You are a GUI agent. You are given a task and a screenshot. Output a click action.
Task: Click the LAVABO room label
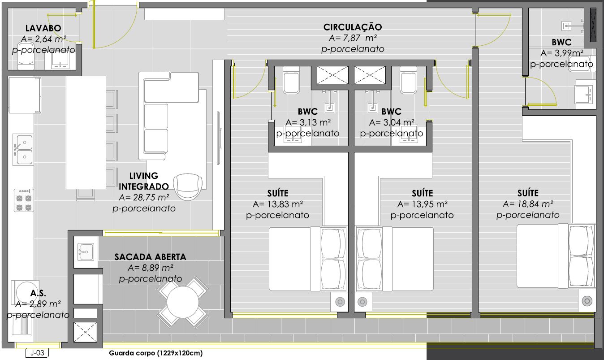pos(43,28)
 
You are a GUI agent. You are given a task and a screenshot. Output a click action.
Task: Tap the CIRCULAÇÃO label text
pos(353,27)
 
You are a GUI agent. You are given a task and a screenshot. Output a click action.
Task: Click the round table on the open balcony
pos(182,302)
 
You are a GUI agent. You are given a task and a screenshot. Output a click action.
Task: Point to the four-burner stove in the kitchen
pos(24,200)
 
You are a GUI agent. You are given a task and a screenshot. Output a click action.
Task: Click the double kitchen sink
pos(23,149)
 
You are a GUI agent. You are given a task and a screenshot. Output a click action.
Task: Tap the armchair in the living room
pos(188,187)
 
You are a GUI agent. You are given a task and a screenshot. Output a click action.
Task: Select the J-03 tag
pos(37,353)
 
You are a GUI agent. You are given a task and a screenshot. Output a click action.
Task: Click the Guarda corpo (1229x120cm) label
pos(155,353)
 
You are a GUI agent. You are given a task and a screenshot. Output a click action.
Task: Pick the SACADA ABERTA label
pos(150,257)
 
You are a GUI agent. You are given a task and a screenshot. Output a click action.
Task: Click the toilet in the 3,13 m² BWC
pos(291,80)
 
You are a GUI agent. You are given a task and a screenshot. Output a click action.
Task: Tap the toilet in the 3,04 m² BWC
pos(408,80)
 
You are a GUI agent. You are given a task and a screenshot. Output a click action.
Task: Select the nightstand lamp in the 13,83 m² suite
pos(340,302)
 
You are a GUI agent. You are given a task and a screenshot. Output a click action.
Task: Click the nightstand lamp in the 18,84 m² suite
pos(587,301)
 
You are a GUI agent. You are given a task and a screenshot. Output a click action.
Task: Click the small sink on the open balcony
pos(86,252)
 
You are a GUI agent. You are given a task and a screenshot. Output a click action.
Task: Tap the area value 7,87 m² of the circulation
pos(353,38)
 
